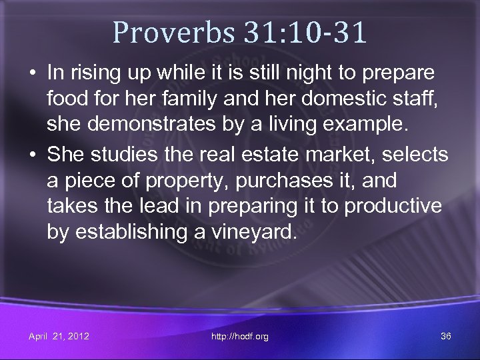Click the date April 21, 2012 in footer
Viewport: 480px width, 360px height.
[x=59, y=336]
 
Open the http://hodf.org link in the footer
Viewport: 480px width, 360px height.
[x=239, y=336]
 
